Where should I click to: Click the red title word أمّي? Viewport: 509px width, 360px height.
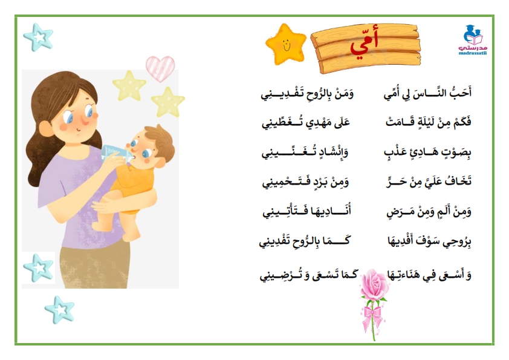tap(365, 45)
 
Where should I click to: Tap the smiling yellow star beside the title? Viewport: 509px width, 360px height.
tap(286, 44)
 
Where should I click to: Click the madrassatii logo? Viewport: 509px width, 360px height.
tap(473, 40)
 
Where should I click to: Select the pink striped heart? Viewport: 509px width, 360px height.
tap(160, 68)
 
